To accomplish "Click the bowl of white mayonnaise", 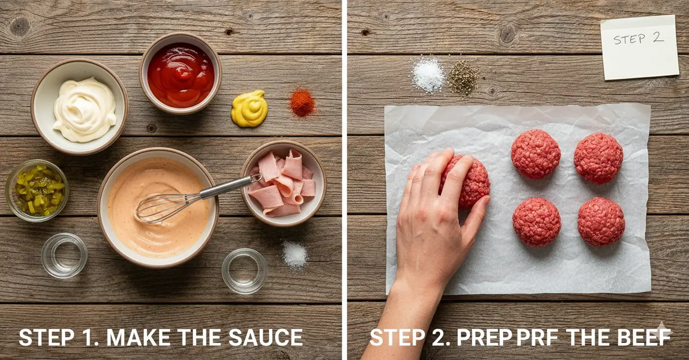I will (x=80, y=107).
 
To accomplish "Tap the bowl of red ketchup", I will (x=181, y=74).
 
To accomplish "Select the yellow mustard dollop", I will (x=249, y=109).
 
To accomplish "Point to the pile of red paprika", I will (x=302, y=102).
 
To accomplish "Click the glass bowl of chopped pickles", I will (x=37, y=190).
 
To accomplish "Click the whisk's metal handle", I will (x=230, y=186).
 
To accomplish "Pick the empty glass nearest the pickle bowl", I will (x=64, y=255).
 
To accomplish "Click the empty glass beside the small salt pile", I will (x=245, y=270).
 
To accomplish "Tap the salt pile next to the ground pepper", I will (x=428, y=75).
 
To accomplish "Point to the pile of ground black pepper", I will (x=463, y=77).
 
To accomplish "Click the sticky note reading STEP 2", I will (x=639, y=47).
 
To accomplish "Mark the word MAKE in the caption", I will (x=138, y=338).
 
